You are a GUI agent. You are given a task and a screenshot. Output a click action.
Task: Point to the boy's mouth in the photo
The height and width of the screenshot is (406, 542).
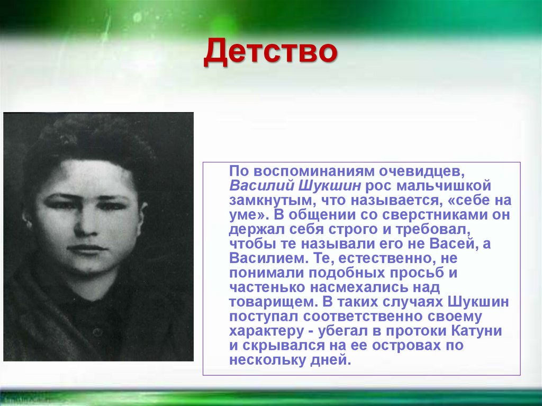[x=86, y=249]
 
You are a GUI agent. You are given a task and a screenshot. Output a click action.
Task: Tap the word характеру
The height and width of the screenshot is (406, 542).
[x=270, y=331]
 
